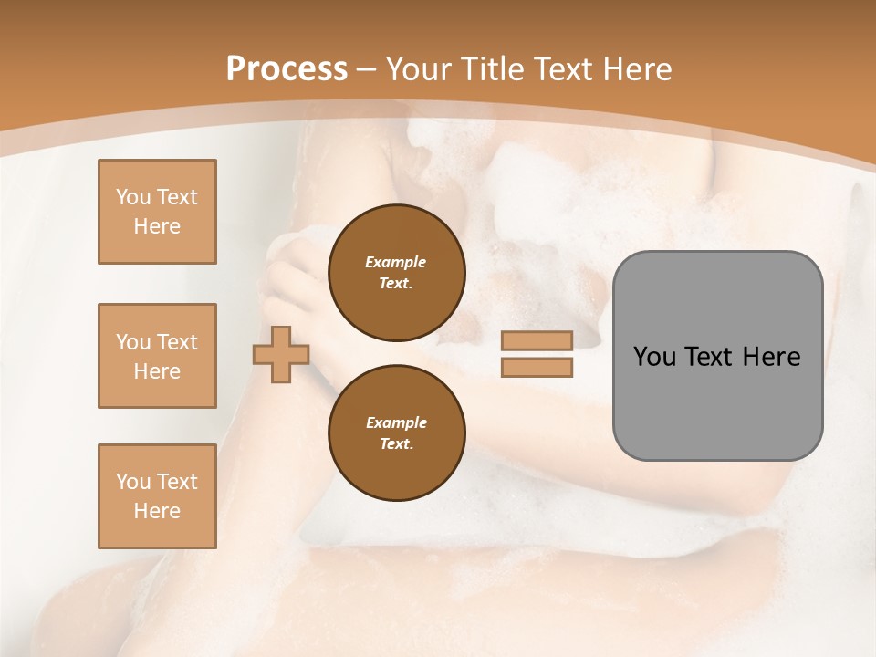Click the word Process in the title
point(287,69)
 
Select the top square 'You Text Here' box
point(157,212)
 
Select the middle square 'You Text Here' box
point(157,356)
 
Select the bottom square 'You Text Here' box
point(157,496)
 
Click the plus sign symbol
point(281,354)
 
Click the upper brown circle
point(397,272)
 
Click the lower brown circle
point(397,433)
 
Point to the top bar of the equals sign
point(537,340)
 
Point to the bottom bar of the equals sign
point(537,367)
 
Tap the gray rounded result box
point(717,355)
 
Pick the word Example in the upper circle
point(396,262)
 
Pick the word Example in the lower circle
point(396,422)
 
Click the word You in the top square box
point(132,197)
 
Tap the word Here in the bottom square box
point(157,511)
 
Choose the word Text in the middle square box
point(176,342)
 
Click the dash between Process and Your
point(367,69)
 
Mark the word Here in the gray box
point(771,357)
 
